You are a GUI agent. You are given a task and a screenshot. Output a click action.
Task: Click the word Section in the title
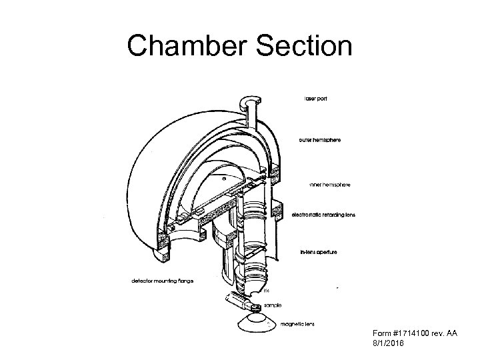coord(297,47)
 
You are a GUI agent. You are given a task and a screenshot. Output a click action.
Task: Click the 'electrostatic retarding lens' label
coord(329,215)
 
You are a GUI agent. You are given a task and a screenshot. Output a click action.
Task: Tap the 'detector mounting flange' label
coord(162,281)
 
